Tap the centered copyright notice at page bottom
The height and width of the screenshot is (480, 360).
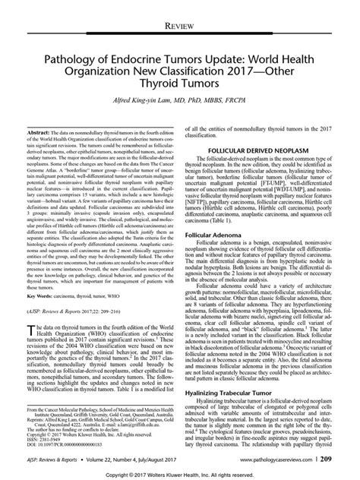pos(179,475)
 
